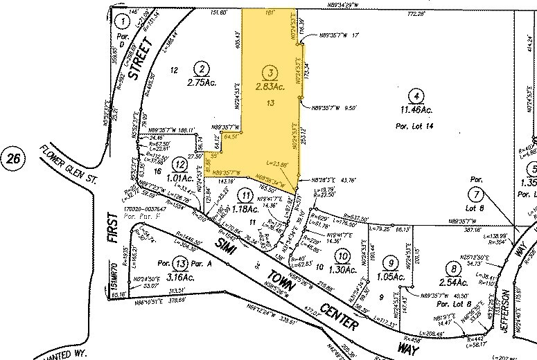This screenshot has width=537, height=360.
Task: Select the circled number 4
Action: [415, 96]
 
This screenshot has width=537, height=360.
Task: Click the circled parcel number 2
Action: [202, 69]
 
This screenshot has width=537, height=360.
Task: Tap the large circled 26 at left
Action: [12, 159]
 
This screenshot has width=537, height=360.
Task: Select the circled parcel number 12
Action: [181, 164]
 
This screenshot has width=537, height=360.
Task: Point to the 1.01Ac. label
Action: [180, 177]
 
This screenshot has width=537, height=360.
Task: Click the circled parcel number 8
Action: [455, 269]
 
